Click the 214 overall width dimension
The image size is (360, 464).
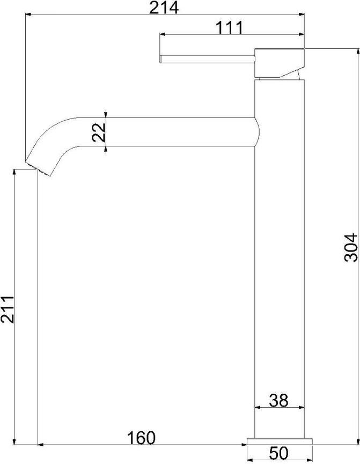pos(164,8)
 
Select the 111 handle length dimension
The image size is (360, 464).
pos(229,28)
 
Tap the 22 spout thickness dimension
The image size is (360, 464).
pos(99,132)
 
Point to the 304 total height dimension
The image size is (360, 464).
pos(351,247)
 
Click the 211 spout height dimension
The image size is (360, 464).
pos(7,309)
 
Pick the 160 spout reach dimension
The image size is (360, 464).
pos(141,438)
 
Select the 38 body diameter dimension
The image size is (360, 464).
pos(278,400)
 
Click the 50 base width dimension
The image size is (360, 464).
pos(278,453)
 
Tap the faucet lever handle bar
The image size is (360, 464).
pos(207,58)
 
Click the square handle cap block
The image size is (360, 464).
pos(280,63)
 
